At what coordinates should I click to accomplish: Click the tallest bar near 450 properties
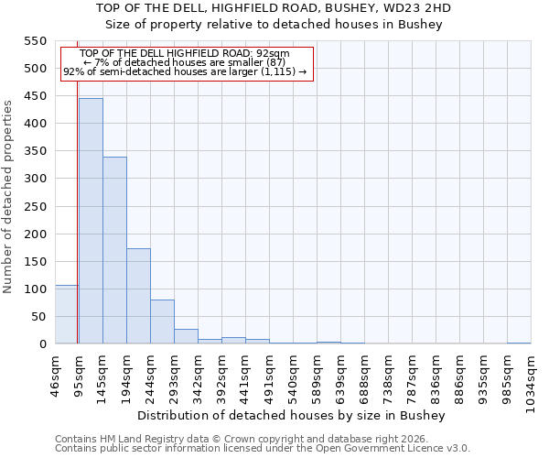[91, 221]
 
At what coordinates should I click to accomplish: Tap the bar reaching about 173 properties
[138, 296]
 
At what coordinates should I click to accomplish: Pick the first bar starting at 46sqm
[66, 314]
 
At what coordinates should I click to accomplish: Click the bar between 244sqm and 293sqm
[162, 322]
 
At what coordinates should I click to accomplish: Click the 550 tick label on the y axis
[35, 41]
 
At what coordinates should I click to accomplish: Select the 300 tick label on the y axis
[35, 179]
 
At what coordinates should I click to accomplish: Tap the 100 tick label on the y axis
[35, 289]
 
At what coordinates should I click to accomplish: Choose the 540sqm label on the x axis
[294, 374]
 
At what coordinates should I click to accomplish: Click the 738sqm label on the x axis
[389, 374]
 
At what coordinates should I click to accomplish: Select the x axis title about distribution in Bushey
[296, 415]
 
